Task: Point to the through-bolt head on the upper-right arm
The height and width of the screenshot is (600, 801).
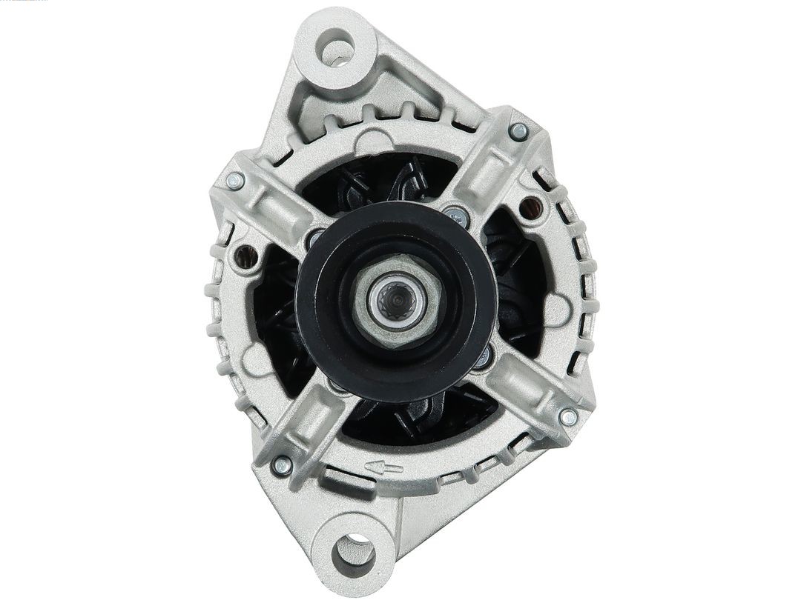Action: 519,132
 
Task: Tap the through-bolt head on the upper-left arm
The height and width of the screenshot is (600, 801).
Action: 235,180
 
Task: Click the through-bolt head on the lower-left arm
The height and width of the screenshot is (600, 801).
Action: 281,466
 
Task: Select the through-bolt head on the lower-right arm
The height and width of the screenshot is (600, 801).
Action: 568,418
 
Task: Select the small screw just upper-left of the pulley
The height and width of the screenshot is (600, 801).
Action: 314,239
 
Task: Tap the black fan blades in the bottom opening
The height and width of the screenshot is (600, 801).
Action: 415,419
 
